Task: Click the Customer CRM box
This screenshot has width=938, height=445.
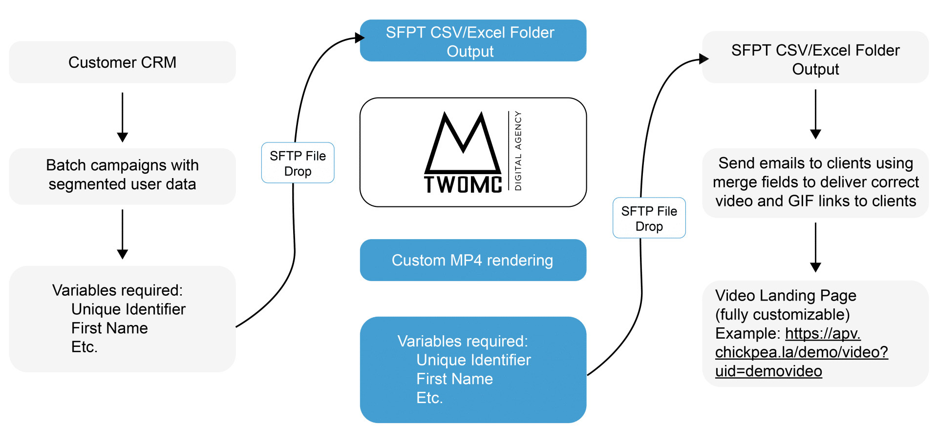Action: tap(122, 62)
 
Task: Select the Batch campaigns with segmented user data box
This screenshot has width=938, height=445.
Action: tap(122, 175)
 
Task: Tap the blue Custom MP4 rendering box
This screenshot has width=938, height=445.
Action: tap(472, 260)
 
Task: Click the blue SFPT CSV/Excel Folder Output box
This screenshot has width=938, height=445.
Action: tap(472, 41)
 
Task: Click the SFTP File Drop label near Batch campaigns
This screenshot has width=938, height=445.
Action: tap(298, 163)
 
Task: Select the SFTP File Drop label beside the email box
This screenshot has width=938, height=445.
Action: tap(649, 219)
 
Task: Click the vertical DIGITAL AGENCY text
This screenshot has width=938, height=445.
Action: tap(518, 151)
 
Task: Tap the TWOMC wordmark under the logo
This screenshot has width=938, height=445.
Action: tap(463, 185)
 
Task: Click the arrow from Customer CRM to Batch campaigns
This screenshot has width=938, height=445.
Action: tap(123, 117)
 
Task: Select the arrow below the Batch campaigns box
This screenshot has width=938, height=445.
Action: tap(123, 234)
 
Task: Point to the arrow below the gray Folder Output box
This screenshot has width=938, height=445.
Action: tap(815, 114)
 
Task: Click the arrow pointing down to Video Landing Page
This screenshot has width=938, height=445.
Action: tap(815, 247)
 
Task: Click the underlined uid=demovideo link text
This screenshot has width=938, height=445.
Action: tap(768, 371)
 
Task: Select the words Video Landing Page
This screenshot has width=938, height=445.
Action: tap(786, 296)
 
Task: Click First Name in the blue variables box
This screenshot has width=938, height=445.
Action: tap(454, 379)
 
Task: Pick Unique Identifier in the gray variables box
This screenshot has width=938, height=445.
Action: tap(128, 309)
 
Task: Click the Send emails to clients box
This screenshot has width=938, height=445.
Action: tap(815, 182)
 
